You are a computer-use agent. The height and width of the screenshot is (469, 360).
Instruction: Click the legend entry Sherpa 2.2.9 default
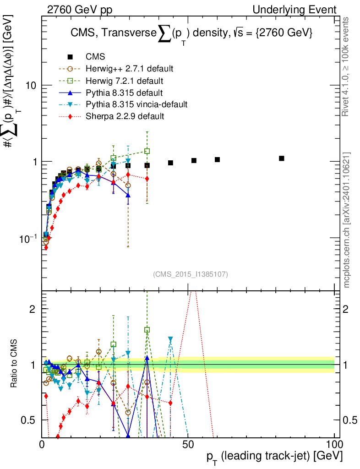pyautogui.click(x=125, y=116)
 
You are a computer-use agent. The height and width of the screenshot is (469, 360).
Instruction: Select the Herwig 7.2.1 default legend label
pyautogui.click(x=125, y=81)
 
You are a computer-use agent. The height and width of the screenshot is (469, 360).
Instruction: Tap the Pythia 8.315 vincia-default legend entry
pyautogui.click(x=136, y=104)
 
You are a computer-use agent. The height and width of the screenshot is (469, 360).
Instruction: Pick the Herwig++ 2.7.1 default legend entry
pyautogui.click(x=129, y=69)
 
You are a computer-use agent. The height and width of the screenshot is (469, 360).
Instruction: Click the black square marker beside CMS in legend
pyautogui.click(x=70, y=57)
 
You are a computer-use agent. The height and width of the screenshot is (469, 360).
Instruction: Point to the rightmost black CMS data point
pyautogui.click(x=282, y=158)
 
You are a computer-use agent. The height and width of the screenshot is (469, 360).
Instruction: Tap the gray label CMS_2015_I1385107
pyautogui.click(x=191, y=274)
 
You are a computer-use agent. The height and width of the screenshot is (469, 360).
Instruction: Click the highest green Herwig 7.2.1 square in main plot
pyautogui.click(x=147, y=151)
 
